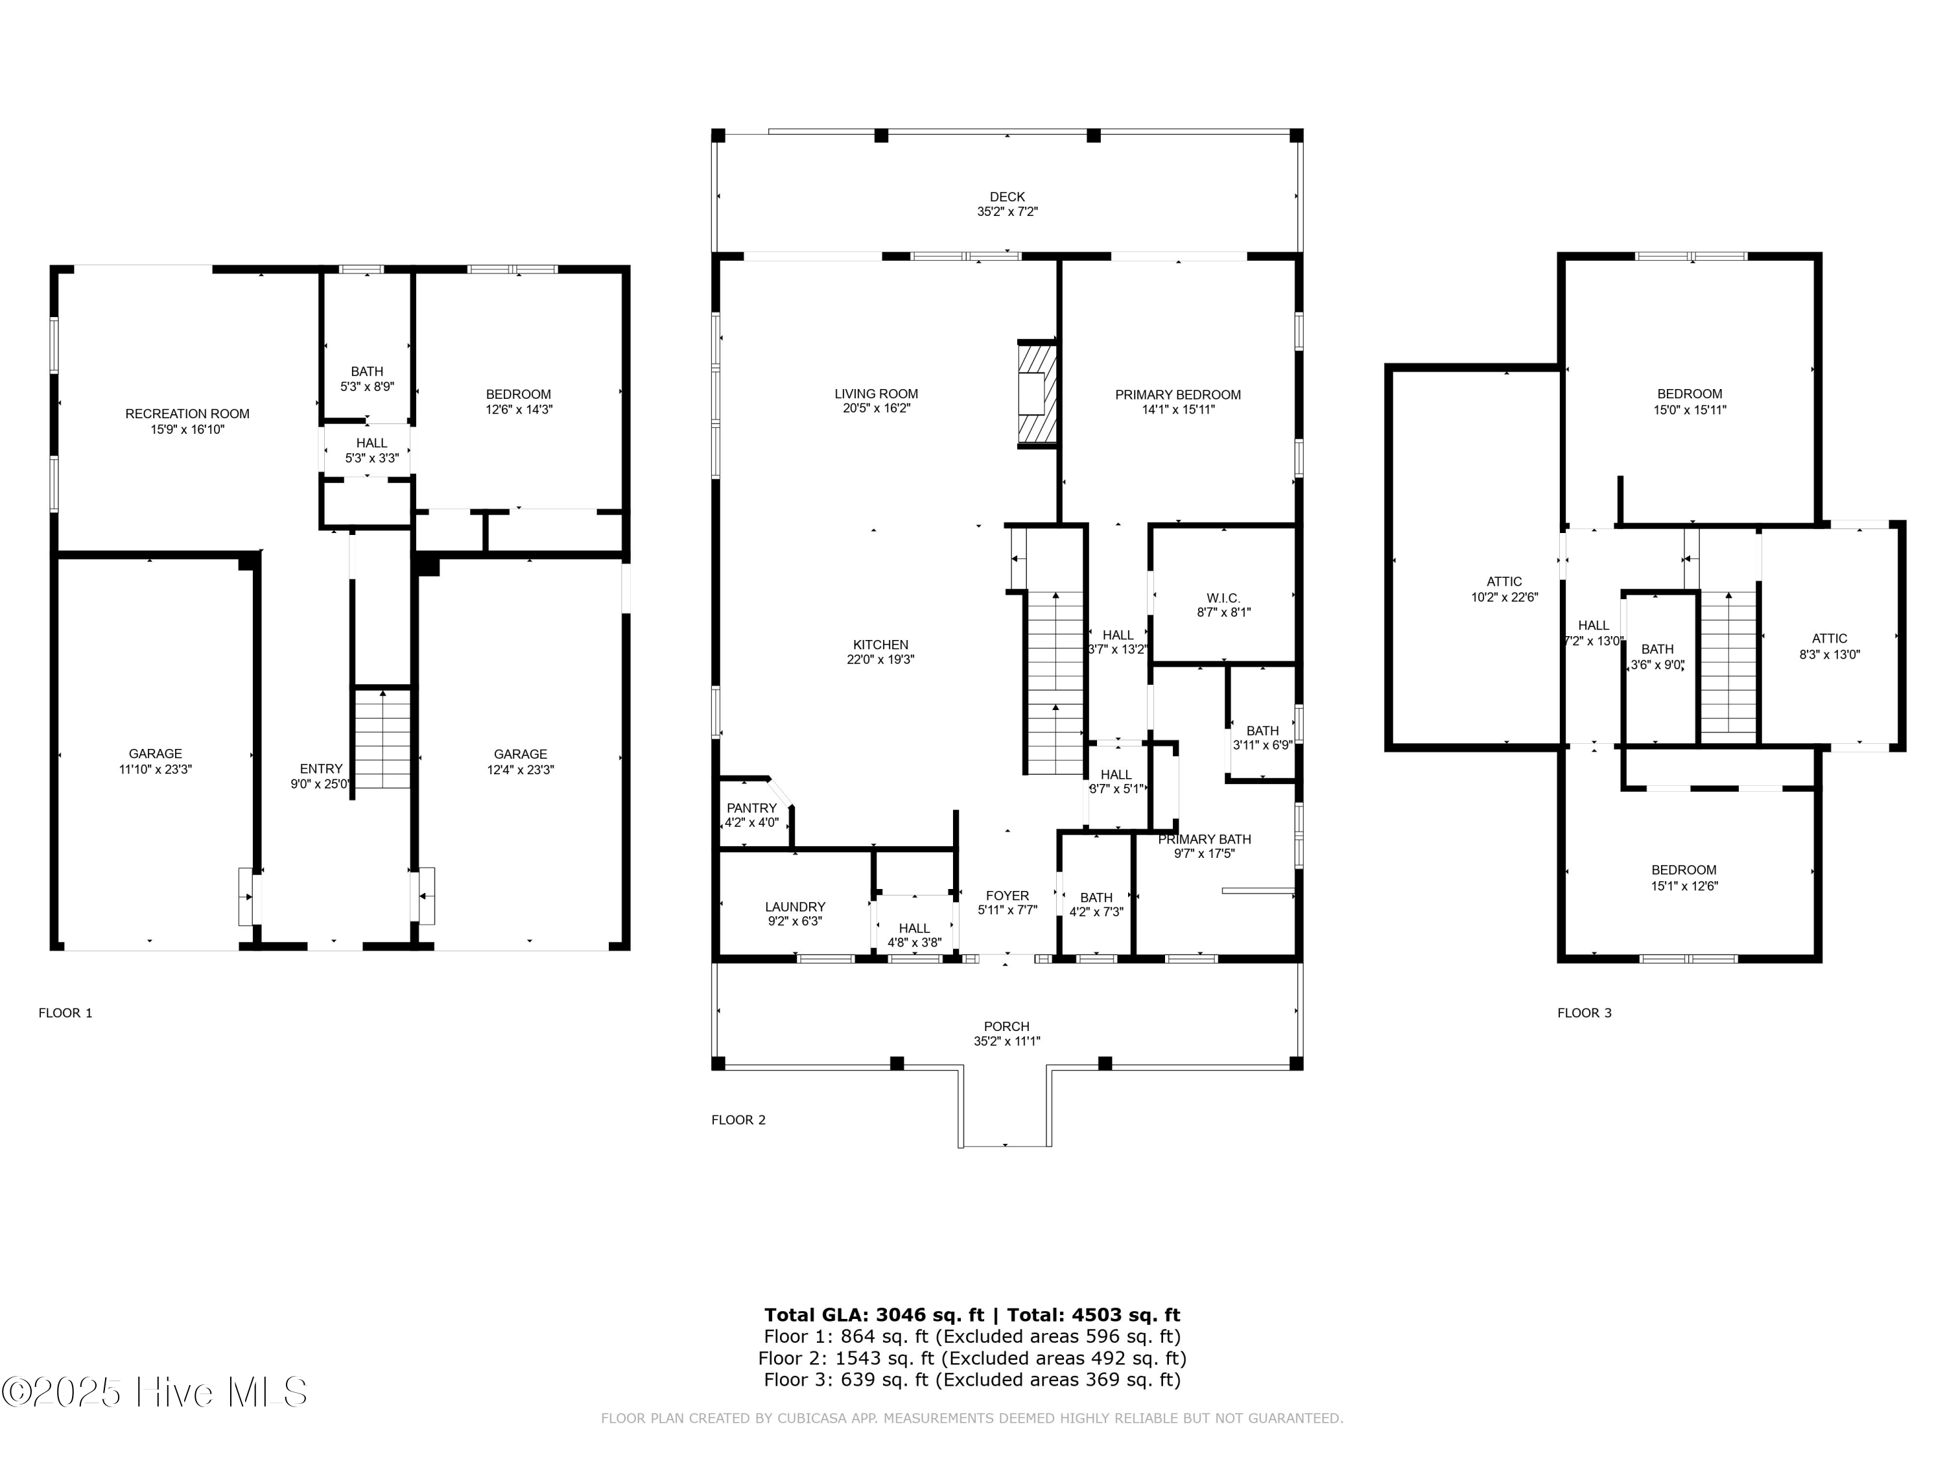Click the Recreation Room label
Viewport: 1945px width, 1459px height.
[187, 413]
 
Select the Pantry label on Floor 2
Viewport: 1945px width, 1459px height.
[752, 808]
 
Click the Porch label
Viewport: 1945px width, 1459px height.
[1007, 1026]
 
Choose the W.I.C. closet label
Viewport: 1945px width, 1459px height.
[1224, 598]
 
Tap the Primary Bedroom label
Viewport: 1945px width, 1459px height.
[1178, 395]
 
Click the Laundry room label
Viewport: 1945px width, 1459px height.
[795, 907]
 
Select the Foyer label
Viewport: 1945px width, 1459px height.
[1008, 896]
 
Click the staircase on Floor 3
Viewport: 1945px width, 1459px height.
[1728, 663]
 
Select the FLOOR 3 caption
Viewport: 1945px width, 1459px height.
[1585, 1013]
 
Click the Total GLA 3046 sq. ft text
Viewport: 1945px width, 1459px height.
[874, 1315]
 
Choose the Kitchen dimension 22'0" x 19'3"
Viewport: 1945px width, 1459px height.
[880, 659]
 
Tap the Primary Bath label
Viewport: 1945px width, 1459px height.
[1205, 839]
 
